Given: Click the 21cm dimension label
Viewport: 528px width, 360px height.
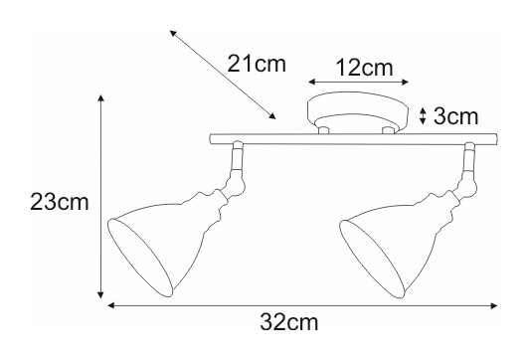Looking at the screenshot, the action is pos(257,64).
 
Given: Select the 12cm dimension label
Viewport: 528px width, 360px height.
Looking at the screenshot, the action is pos(365,68).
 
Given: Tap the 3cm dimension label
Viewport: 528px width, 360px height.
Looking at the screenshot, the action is pos(456,116).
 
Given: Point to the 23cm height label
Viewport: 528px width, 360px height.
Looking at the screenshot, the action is pos(60,203).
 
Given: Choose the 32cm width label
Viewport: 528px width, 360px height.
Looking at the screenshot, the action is pos(289,322).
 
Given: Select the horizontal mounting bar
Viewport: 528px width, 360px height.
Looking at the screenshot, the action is pos(354,139).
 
